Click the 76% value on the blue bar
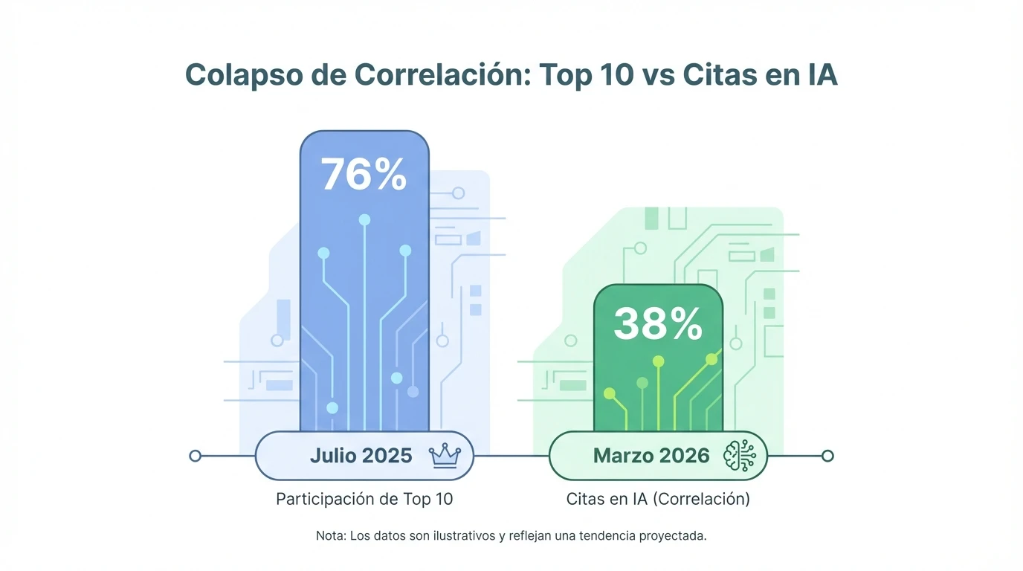pyautogui.click(x=364, y=175)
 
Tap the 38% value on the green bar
pyautogui.click(x=658, y=324)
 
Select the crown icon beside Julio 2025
pyautogui.click(x=445, y=455)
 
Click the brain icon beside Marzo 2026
pyautogui.click(x=739, y=455)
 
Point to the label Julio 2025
pyautogui.click(x=361, y=455)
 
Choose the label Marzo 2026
pyautogui.click(x=651, y=455)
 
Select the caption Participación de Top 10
pyautogui.click(x=364, y=499)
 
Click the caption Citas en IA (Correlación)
pyautogui.click(x=658, y=499)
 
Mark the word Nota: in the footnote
pyautogui.click(x=330, y=535)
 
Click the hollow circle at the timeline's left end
pyautogui.click(x=196, y=456)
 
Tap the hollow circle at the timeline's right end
pyautogui.click(x=827, y=456)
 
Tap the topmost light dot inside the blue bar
pyautogui.click(x=364, y=219)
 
